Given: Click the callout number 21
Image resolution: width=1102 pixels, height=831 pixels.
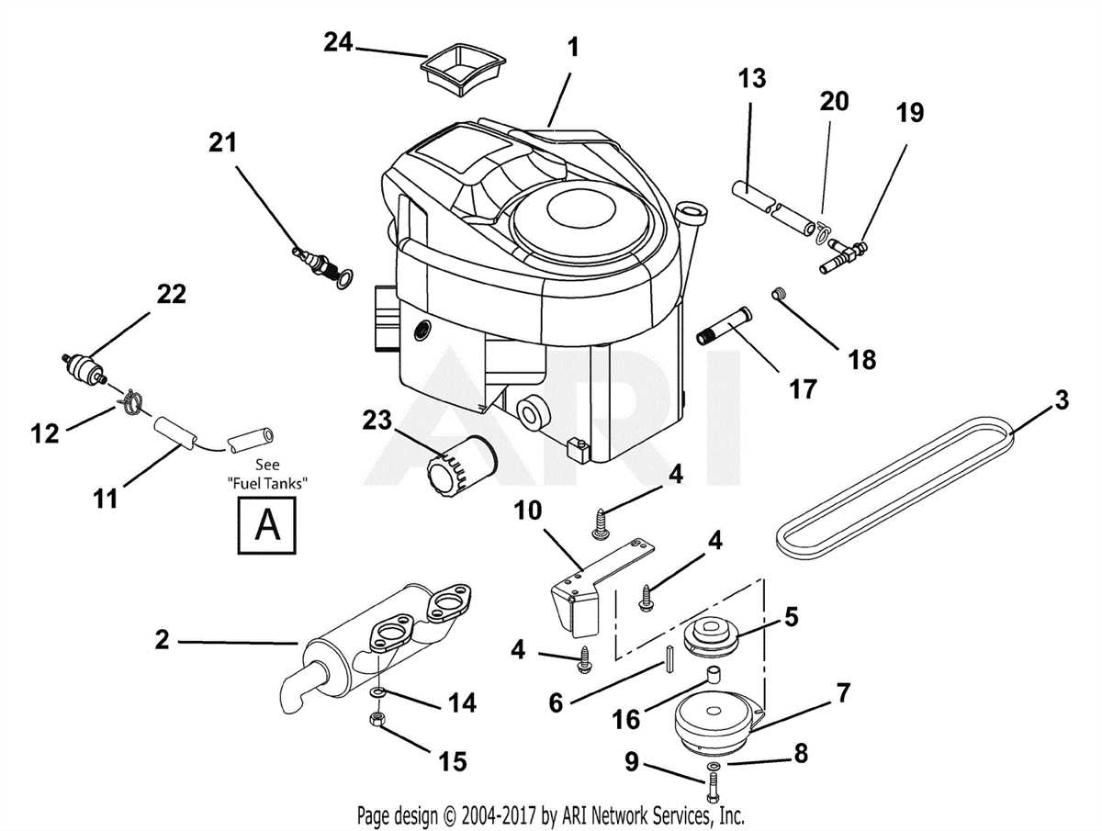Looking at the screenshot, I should pyautogui.click(x=221, y=142).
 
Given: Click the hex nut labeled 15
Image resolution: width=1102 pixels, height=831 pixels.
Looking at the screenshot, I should pyautogui.click(x=376, y=719).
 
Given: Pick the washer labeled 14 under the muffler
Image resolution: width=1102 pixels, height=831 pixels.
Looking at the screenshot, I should pyautogui.click(x=379, y=691).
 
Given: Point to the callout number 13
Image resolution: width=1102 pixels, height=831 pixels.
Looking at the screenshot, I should pyautogui.click(x=751, y=79).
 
